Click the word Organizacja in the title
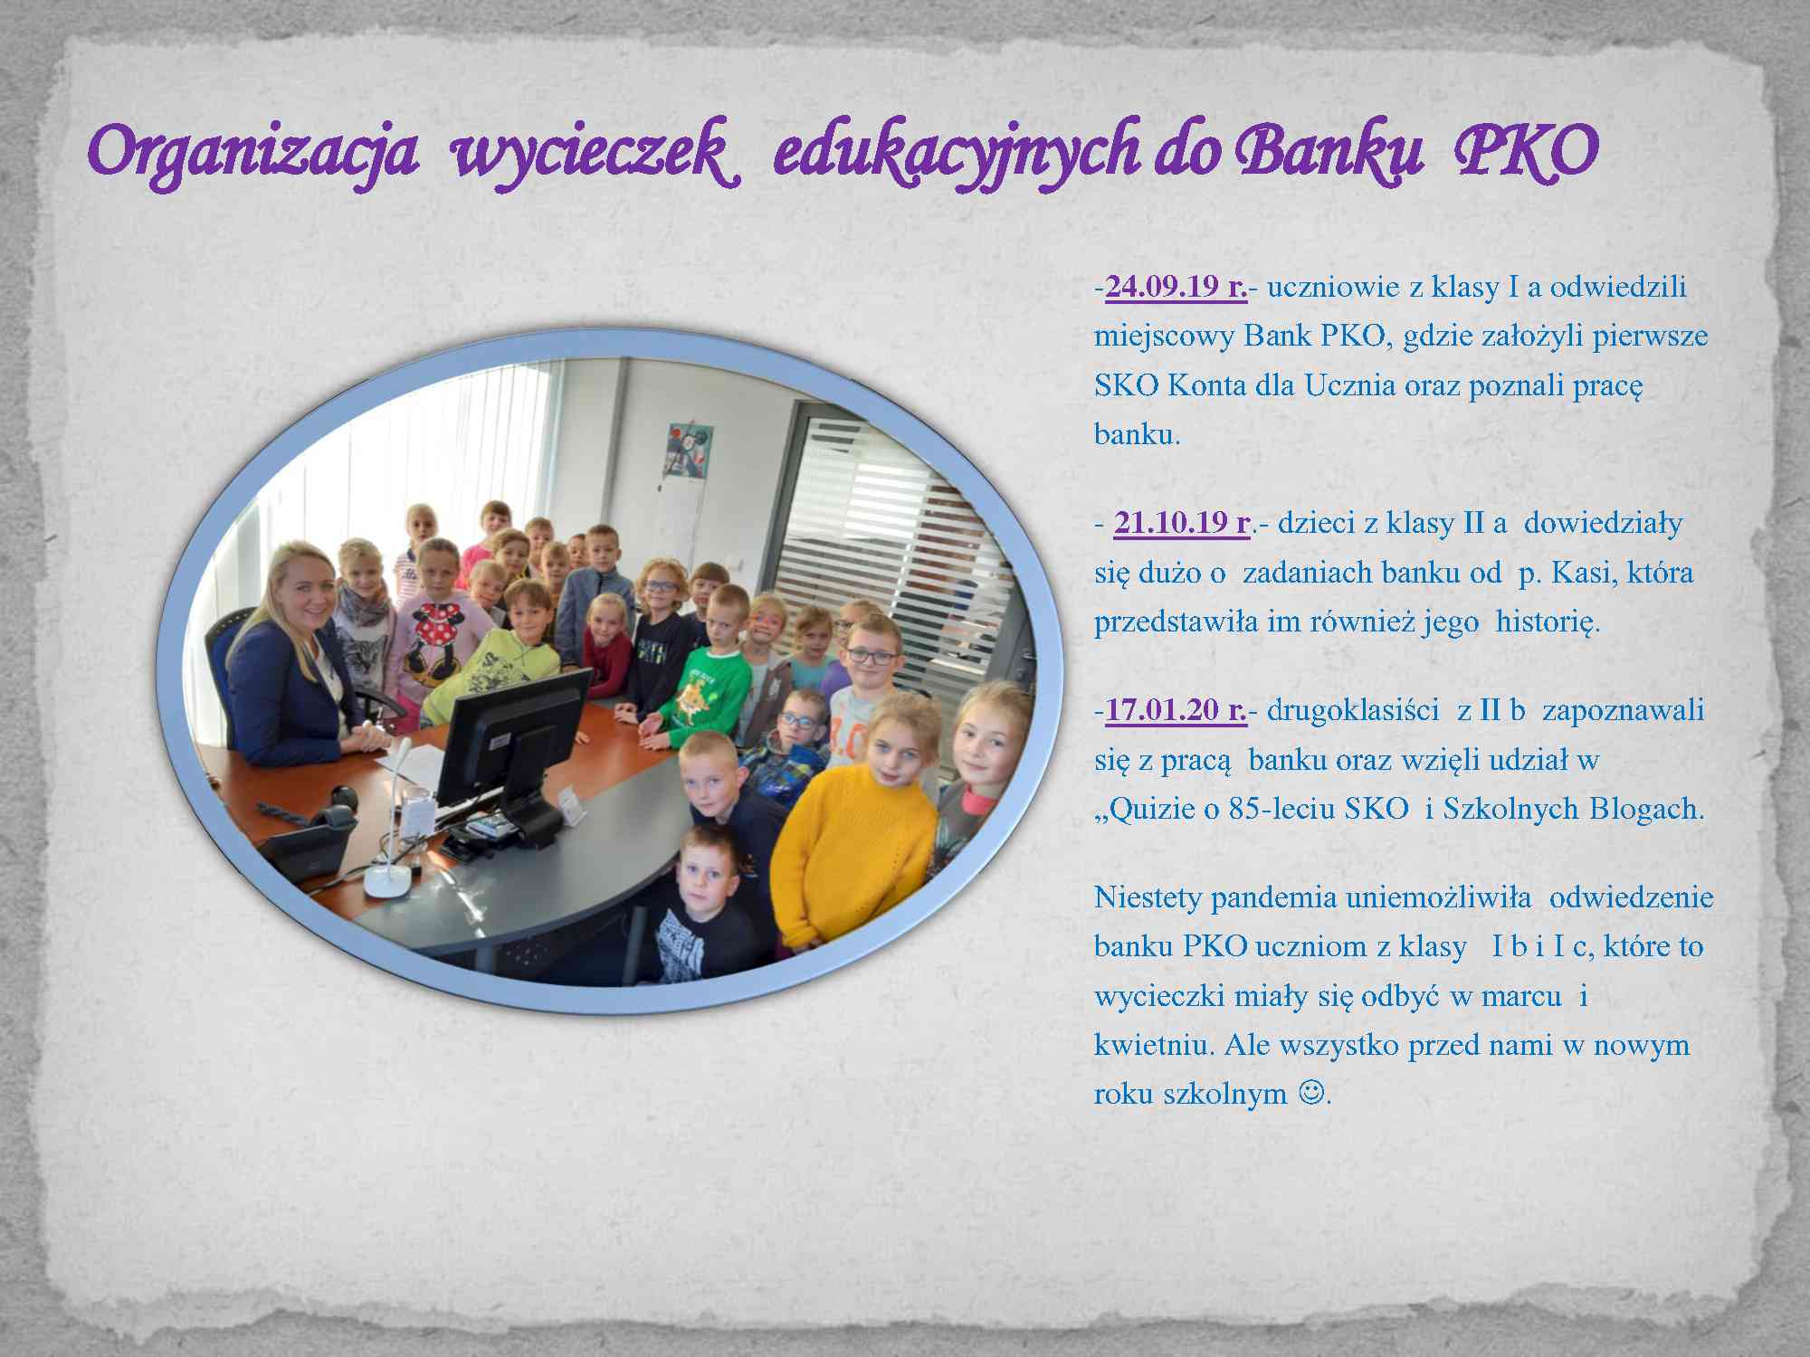coord(254,152)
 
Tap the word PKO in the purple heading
coord(1526,150)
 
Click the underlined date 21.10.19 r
coord(1182,523)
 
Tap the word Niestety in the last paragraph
coord(1148,897)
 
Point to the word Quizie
coord(1145,809)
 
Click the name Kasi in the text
coord(1584,573)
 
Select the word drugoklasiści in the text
coord(1353,710)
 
